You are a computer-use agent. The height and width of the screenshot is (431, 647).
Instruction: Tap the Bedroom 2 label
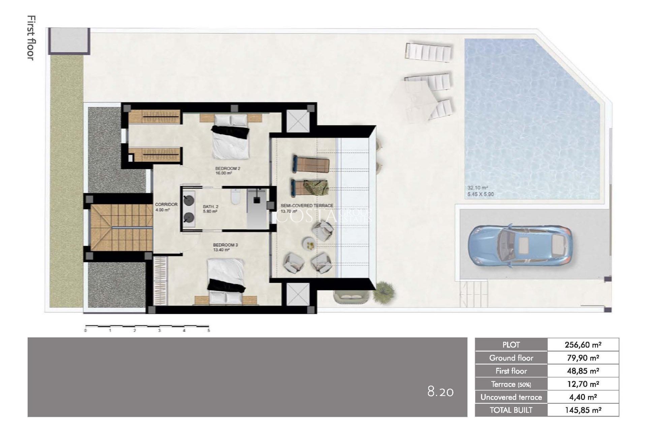pos(227,168)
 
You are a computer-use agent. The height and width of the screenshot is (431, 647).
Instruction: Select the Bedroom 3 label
pos(225,245)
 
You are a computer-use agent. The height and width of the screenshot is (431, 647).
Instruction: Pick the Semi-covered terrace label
pos(307,205)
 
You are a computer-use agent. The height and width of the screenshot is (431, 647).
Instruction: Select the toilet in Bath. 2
pos(235,198)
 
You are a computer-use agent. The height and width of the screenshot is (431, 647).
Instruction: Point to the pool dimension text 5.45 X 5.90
pos(480,194)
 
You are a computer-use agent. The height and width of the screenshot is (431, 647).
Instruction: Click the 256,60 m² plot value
pos(583,344)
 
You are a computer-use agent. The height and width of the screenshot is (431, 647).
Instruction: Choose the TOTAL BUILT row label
pos(511,410)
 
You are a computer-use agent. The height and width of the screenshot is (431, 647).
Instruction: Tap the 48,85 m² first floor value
pos(583,371)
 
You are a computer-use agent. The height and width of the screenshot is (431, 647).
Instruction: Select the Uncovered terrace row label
pos(511,397)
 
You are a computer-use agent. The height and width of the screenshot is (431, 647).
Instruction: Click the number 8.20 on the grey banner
pos(440,392)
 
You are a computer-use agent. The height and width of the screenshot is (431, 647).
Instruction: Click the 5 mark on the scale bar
pos(209,330)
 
